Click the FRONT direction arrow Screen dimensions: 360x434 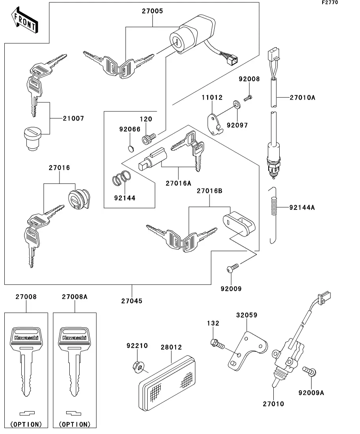tap(24, 20)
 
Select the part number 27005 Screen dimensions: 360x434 tap(152, 11)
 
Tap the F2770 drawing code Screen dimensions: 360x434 tap(330, 2)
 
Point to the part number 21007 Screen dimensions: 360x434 tap(73, 118)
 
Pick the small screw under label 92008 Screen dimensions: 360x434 tap(248, 98)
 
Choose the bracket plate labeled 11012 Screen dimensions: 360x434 tap(215, 126)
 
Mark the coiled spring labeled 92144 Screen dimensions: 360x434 tap(121, 178)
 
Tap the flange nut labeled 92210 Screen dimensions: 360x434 tap(138, 367)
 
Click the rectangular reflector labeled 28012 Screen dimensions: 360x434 tap(167, 383)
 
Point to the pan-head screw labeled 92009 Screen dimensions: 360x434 tap(232, 268)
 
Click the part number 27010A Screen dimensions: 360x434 tap(302, 98)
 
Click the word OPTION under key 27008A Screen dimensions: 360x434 tap(75, 424)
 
